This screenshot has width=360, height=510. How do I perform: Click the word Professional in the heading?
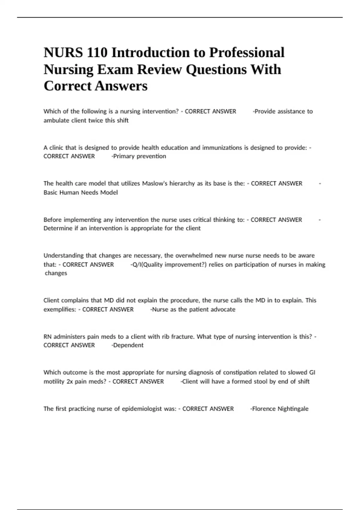point(247,53)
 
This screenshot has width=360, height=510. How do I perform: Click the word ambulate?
point(56,120)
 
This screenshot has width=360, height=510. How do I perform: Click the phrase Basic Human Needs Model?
point(81,192)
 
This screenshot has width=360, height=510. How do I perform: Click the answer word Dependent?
point(128,345)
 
